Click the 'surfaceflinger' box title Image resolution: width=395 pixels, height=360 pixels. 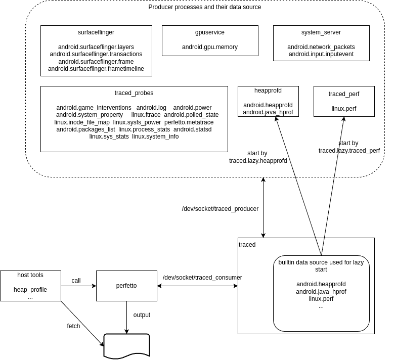(96, 32)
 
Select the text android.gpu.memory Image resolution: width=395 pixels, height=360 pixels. (210, 47)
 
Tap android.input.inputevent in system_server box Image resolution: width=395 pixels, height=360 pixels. (321, 54)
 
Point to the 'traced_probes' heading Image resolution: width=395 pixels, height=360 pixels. (134, 93)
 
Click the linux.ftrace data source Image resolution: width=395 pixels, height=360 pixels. (146, 115)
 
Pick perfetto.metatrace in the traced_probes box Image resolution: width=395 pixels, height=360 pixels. (189, 122)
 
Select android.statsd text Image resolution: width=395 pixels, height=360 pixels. (193, 129)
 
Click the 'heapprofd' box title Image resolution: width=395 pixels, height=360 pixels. (268, 91)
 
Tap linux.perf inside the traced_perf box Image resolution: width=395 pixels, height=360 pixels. (344, 109)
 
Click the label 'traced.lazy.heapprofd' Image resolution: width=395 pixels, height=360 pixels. (258, 161)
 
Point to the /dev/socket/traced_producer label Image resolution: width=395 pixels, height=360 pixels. (220, 209)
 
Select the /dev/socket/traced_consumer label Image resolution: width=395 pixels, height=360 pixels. (202, 278)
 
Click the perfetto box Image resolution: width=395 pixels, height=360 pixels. (127, 286)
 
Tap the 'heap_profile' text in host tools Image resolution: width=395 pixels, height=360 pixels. (30, 290)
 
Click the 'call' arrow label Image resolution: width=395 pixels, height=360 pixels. (76, 281)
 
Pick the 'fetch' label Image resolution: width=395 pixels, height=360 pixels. (73, 326)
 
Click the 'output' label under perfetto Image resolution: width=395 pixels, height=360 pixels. (142, 315)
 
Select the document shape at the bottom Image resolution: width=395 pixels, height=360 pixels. (127, 346)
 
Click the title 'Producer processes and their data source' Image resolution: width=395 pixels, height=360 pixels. (204, 7)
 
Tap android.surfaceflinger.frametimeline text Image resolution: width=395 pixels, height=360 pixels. (96, 69)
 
